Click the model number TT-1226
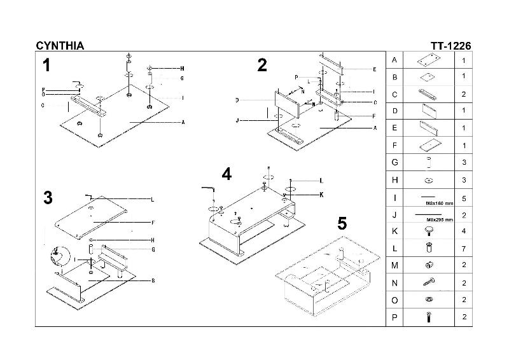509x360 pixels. (x=451, y=45)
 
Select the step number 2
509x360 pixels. (x=262, y=66)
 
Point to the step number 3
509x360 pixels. (x=48, y=198)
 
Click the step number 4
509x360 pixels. (x=227, y=174)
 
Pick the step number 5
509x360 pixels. (x=342, y=224)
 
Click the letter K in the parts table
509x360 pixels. (x=395, y=232)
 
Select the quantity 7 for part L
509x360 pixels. (x=464, y=249)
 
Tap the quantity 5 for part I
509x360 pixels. (x=464, y=198)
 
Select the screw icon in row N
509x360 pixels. (x=428, y=282)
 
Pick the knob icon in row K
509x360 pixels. (x=428, y=231)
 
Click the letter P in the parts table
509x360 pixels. (x=395, y=317)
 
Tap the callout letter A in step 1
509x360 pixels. (x=183, y=122)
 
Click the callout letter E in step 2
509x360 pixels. (x=375, y=69)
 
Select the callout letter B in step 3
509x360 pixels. (x=153, y=280)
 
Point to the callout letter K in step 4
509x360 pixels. (x=322, y=195)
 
